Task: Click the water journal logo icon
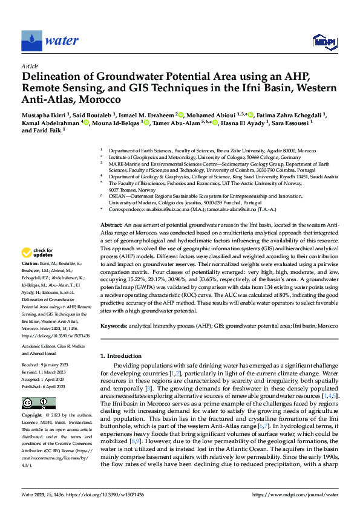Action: point(31,41)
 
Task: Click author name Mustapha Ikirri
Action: point(46,114)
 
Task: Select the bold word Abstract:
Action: point(112,224)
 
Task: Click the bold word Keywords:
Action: point(114,326)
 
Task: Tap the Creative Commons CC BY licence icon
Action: point(34,403)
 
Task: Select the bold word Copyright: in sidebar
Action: point(33,416)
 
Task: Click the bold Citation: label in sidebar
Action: point(30,282)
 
